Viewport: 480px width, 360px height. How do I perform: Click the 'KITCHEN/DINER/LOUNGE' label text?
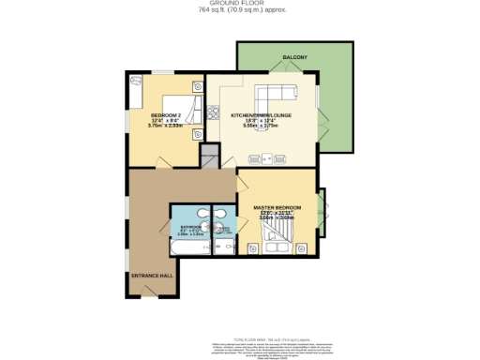coord(262,114)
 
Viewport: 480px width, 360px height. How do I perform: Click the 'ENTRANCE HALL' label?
coord(150,276)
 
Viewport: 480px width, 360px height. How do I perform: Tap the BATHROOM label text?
coord(184,226)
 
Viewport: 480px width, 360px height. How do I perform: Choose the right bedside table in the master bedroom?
coord(302,247)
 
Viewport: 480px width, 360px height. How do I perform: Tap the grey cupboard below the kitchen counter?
coord(210,161)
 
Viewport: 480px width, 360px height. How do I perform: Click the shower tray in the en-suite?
coord(224,246)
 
